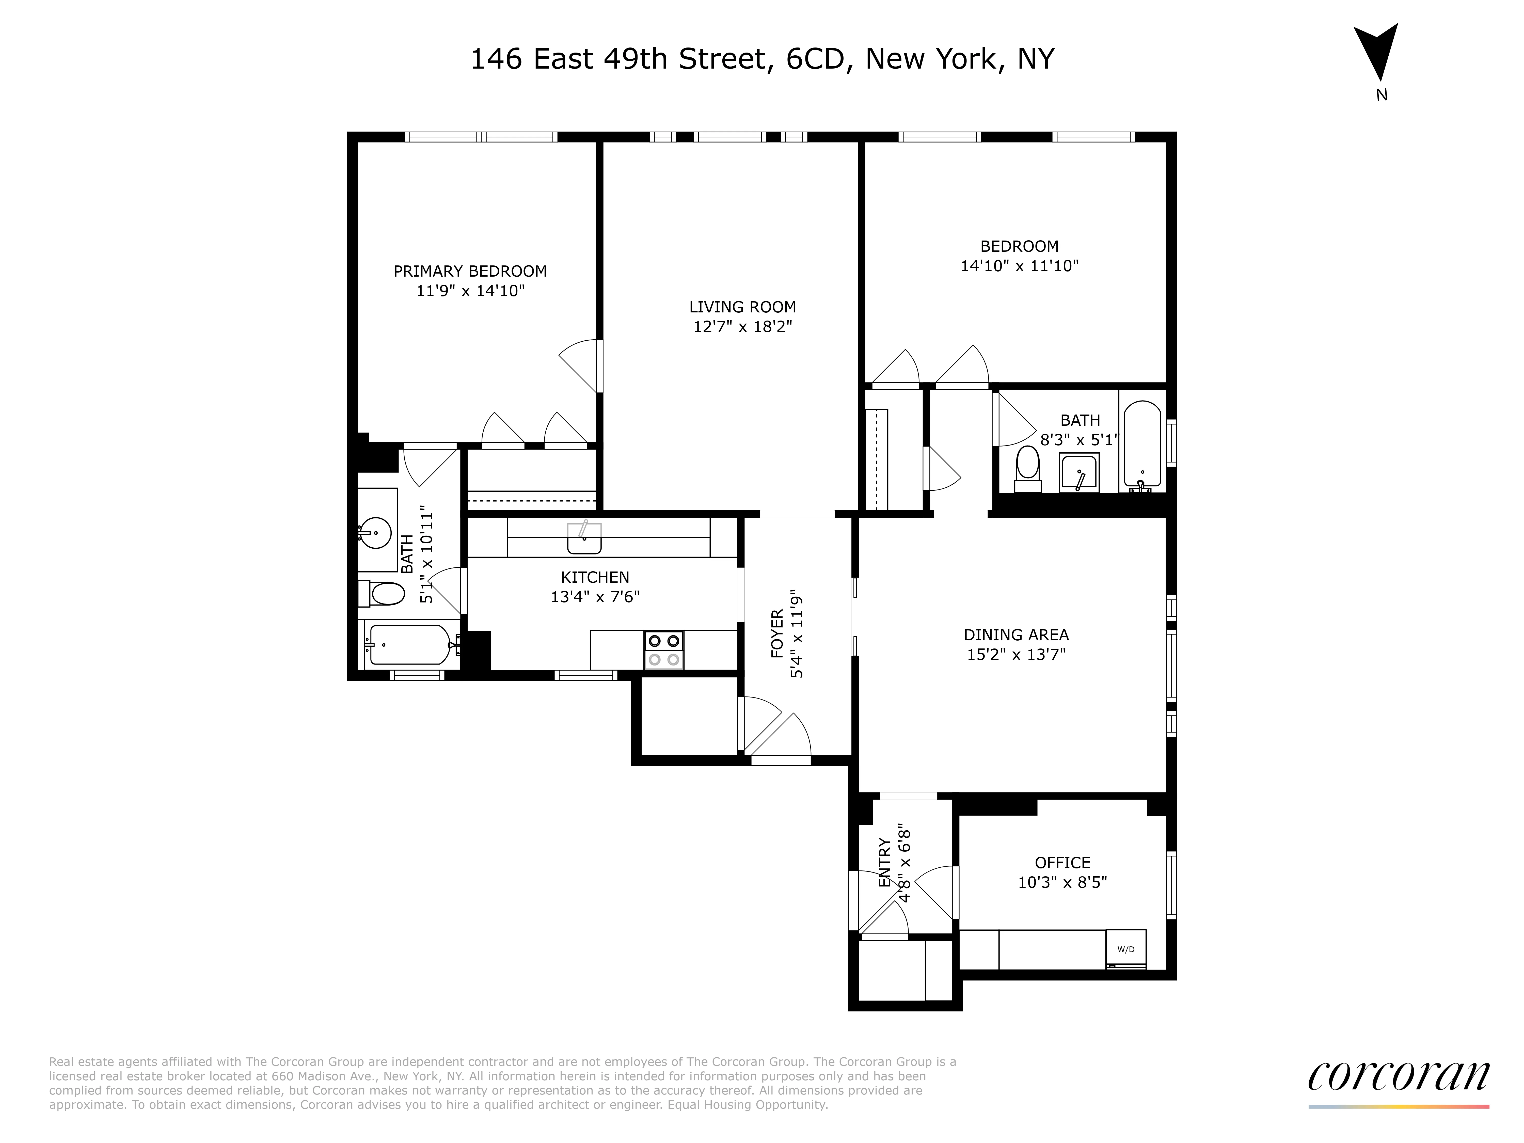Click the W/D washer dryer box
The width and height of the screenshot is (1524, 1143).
point(1126,949)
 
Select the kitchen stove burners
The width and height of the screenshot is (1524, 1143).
point(663,650)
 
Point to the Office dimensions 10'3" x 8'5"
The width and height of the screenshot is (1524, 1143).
point(1062,882)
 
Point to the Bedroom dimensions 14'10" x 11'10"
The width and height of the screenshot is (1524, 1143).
point(1019,266)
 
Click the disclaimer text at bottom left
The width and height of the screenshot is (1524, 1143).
point(503,1083)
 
